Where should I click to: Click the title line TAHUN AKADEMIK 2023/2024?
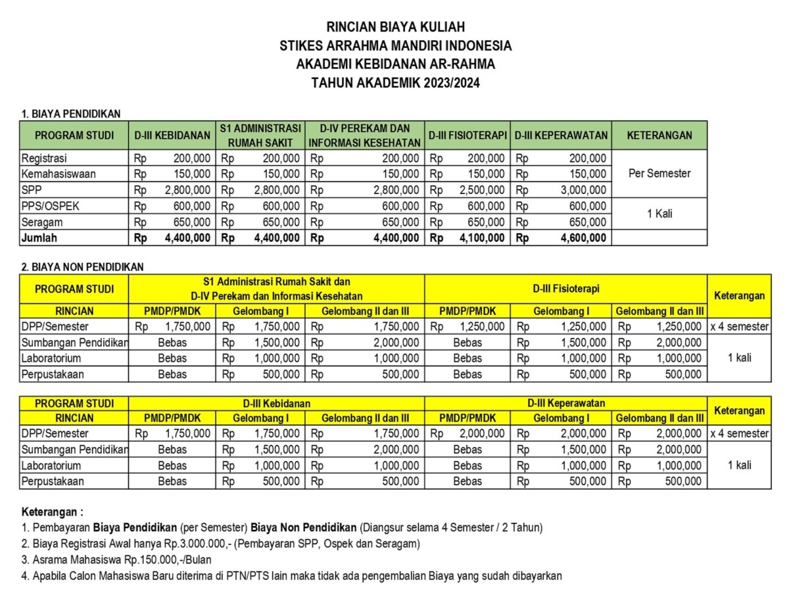pyautogui.click(x=395, y=83)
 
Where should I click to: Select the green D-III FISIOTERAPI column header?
pyautogui.click(x=467, y=135)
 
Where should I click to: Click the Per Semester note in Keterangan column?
pyautogui.click(x=659, y=174)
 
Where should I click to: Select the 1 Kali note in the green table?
pyautogui.click(x=659, y=214)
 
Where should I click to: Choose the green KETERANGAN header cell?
pyautogui.click(x=659, y=135)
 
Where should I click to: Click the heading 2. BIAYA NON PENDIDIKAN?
pyautogui.click(x=82, y=267)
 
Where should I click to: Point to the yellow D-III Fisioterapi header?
pyautogui.click(x=566, y=289)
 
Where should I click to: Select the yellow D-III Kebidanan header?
pyautogui.click(x=276, y=403)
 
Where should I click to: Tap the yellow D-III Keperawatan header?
pyautogui.click(x=566, y=403)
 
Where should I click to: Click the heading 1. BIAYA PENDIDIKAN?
pyautogui.click(x=70, y=114)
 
